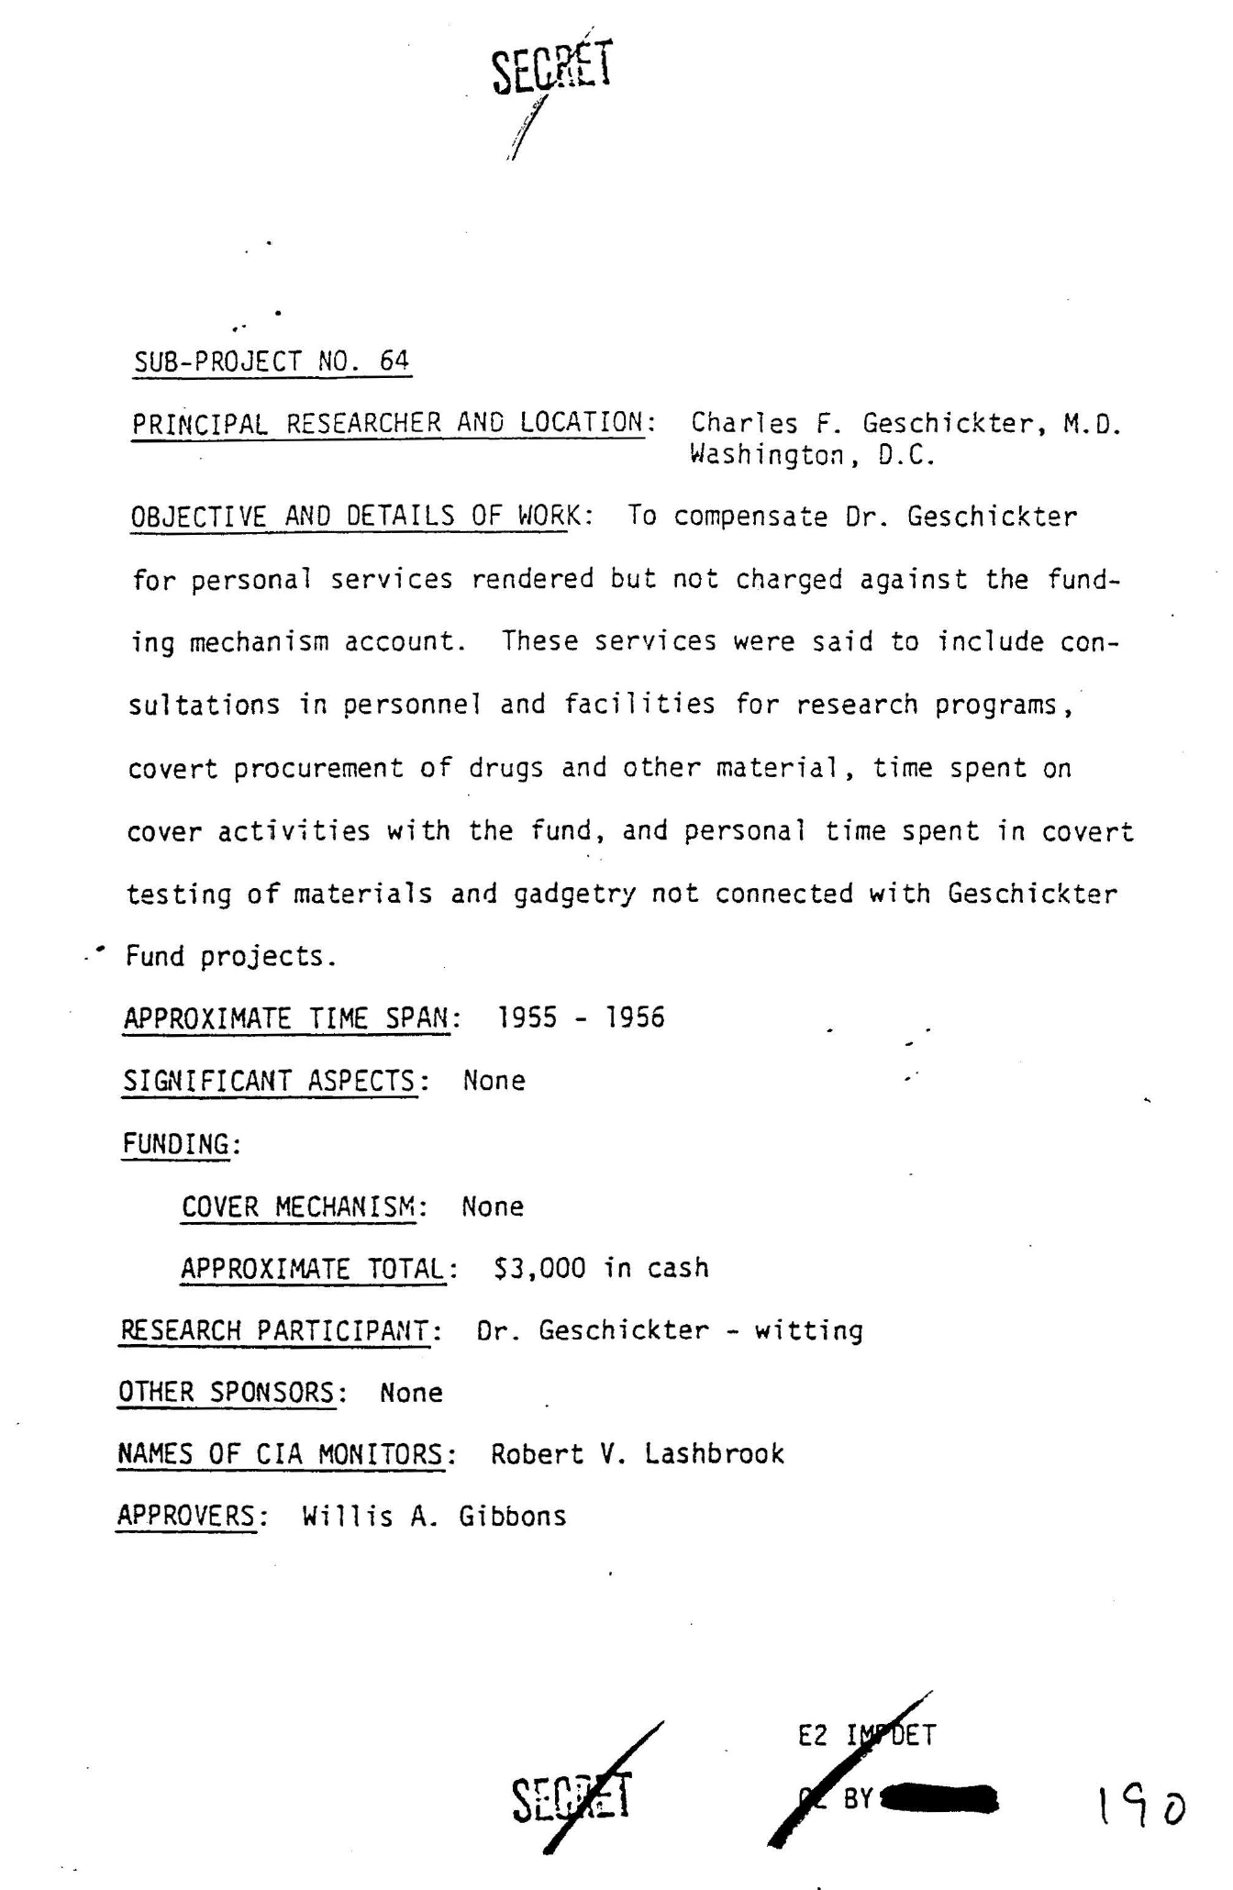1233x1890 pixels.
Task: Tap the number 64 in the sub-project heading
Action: coord(394,361)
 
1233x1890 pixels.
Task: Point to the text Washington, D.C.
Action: coord(812,456)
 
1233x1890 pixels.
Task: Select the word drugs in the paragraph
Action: coord(506,768)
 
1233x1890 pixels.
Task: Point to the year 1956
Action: coord(635,1017)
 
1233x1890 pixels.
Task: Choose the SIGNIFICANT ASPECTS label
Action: coord(271,1081)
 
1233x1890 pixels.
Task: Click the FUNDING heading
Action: coord(176,1144)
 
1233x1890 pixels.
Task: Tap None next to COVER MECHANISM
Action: coord(493,1206)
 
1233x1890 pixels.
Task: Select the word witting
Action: coord(808,1330)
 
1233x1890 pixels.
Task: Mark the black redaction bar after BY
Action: coord(939,1797)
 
